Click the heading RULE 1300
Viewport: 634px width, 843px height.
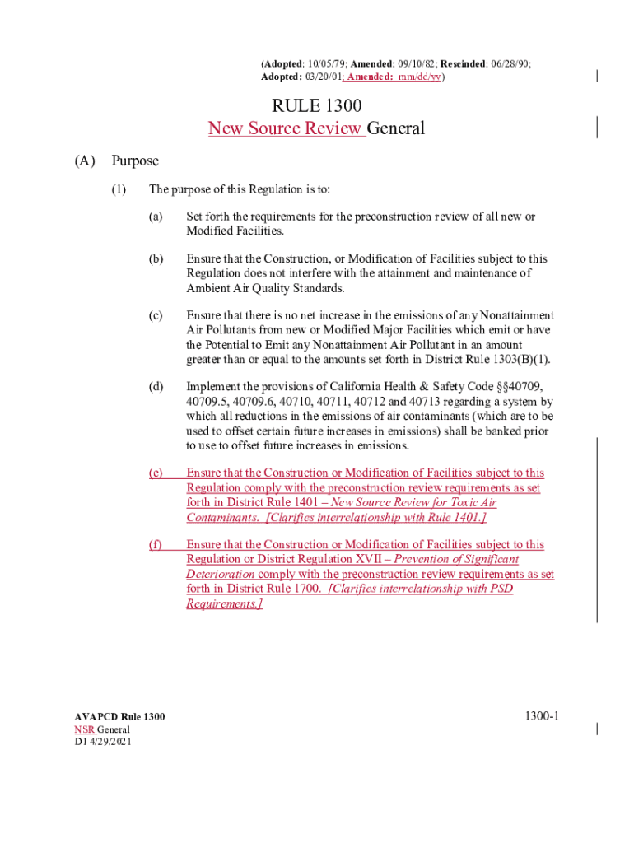point(317,106)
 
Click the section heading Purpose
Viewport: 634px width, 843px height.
point(135,161)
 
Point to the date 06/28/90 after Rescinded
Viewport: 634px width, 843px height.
point(510,63)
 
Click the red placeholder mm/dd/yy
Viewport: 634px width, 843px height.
point(419,77)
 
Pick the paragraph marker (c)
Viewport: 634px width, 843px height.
point(156,315)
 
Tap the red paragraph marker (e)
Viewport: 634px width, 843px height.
point(156,473)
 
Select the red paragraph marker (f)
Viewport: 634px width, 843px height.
point(156,544)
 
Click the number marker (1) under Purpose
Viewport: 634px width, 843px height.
point(119,190)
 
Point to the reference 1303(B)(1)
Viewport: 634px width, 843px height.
point(519,360)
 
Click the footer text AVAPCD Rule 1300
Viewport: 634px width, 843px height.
point(119,717)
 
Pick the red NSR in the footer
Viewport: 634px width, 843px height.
point(83,729)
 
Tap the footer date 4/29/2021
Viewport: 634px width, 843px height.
point(110,742)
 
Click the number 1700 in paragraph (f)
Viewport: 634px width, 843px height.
point(305,589)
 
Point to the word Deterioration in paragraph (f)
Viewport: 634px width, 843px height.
point(220,574)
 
